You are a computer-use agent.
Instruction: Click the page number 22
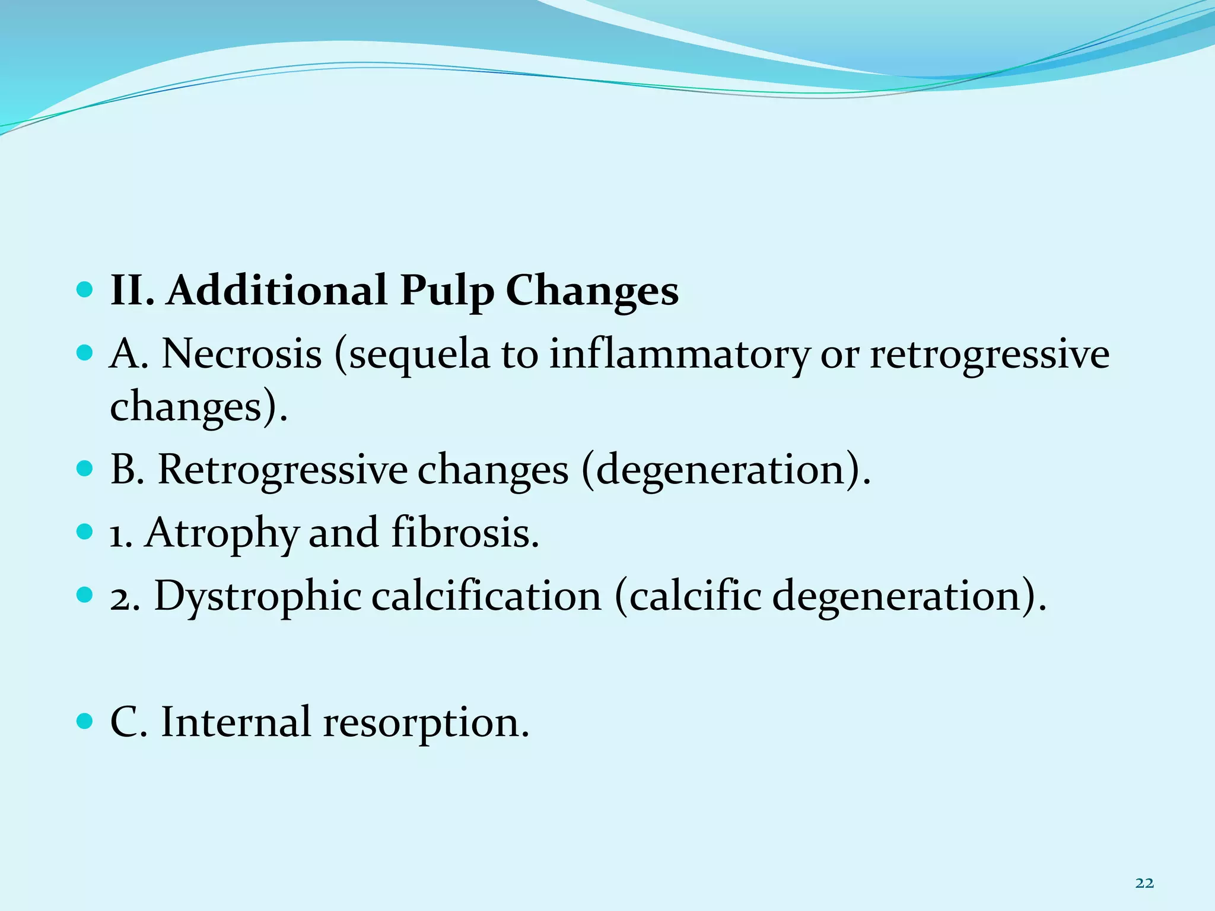[x=1144, y=884]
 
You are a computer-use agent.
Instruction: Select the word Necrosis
[x=241, y=354]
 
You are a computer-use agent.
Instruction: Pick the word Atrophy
[x=221, y=533]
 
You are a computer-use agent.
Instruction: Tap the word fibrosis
[x=465, y=532]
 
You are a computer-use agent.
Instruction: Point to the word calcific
[x=695, y=596]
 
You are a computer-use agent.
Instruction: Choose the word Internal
[x=236, y=722]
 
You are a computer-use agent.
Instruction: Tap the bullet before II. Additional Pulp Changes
[x=85, y=290]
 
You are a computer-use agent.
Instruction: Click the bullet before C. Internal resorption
[x=85, y=722]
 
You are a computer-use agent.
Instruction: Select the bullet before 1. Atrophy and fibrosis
[x=85, y=531]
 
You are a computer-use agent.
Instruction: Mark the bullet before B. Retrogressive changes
[x=85, y=469]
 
